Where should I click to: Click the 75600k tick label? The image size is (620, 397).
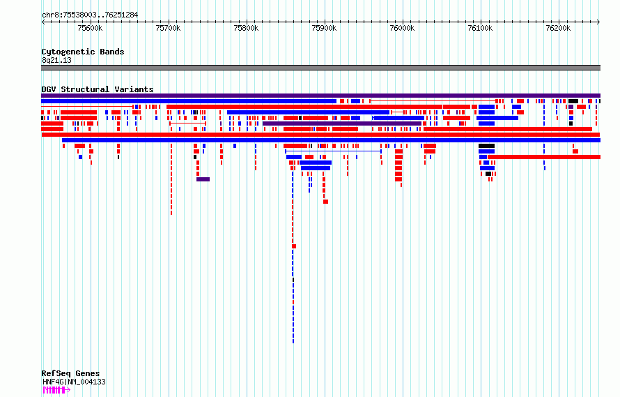90,28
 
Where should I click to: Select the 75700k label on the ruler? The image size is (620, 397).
168,28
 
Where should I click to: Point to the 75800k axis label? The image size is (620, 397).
246,28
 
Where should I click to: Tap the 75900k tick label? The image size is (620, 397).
324,28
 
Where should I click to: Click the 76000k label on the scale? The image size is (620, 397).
402,28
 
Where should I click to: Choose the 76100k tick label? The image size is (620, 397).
480,28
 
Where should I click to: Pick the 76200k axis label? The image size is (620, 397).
558,28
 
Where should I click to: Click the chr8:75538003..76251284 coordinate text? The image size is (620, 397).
90,15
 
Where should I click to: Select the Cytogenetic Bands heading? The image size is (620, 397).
83,52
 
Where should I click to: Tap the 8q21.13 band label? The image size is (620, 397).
56,60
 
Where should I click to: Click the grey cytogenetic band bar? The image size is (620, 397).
320,68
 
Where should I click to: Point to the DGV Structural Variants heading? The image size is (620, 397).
98,89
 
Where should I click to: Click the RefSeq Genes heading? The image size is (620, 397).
70,373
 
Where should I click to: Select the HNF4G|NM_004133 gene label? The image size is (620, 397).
74,382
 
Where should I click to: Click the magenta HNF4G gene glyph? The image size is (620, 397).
56,390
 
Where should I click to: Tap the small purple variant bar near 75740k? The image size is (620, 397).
203,179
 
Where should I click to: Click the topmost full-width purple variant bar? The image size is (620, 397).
320,96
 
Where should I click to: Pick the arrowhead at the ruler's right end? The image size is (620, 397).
598,22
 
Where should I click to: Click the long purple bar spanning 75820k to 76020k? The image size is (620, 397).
342,123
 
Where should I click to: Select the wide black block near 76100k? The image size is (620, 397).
486,146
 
